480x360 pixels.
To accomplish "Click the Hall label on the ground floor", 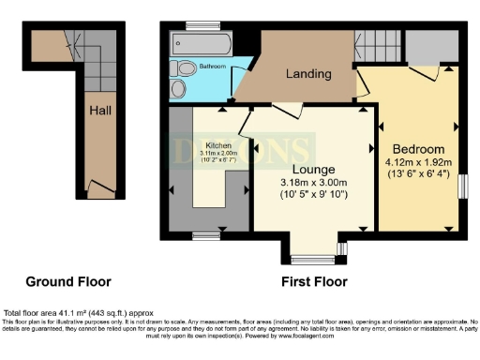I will pos(101,111).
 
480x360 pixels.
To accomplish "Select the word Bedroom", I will pos(418,149).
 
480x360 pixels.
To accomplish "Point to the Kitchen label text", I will pos(219,145).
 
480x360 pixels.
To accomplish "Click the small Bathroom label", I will pos(213,67).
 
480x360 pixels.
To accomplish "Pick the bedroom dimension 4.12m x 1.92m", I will pos(418,162).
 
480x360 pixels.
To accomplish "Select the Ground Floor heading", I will pos(67,281).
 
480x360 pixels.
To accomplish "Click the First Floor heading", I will pos(314,281).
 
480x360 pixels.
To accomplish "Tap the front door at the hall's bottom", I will pos(92,187).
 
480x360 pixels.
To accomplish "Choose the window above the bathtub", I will pos(197,24).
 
